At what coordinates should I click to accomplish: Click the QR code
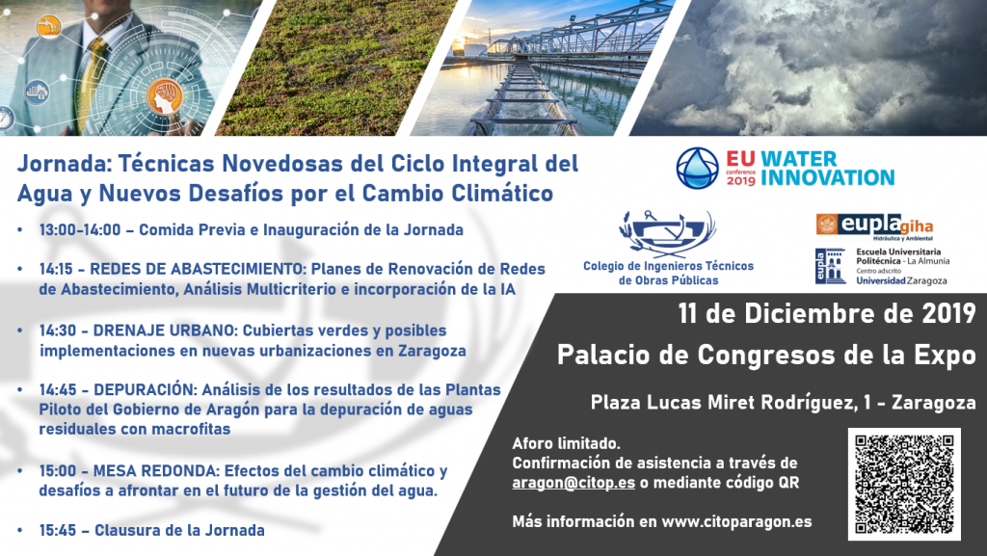(x=904, y=484)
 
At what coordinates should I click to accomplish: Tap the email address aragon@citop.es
(x=574, y=483)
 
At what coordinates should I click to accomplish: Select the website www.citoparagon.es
(x=736, y=522)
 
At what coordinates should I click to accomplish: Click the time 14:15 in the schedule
(x=56, y=269)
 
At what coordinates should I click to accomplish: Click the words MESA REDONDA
(x=155, y=471)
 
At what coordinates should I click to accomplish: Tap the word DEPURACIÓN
(x=143, y=389)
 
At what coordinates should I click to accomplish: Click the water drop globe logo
(x=697, y=168)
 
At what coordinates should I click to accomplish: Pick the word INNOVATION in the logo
(x=827, y=178)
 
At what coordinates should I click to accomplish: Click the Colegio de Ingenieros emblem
(x=668, y=233)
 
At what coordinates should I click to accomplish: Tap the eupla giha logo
(x=874, y=226)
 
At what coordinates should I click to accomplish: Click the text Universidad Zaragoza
(x=901, y=281)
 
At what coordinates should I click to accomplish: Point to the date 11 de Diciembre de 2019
(x=826, y=313)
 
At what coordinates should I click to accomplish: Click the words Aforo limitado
(x=566, y=443)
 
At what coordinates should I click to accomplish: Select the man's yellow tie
(x=90, y=82)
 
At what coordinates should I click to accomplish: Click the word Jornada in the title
(x=62, y=164)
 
